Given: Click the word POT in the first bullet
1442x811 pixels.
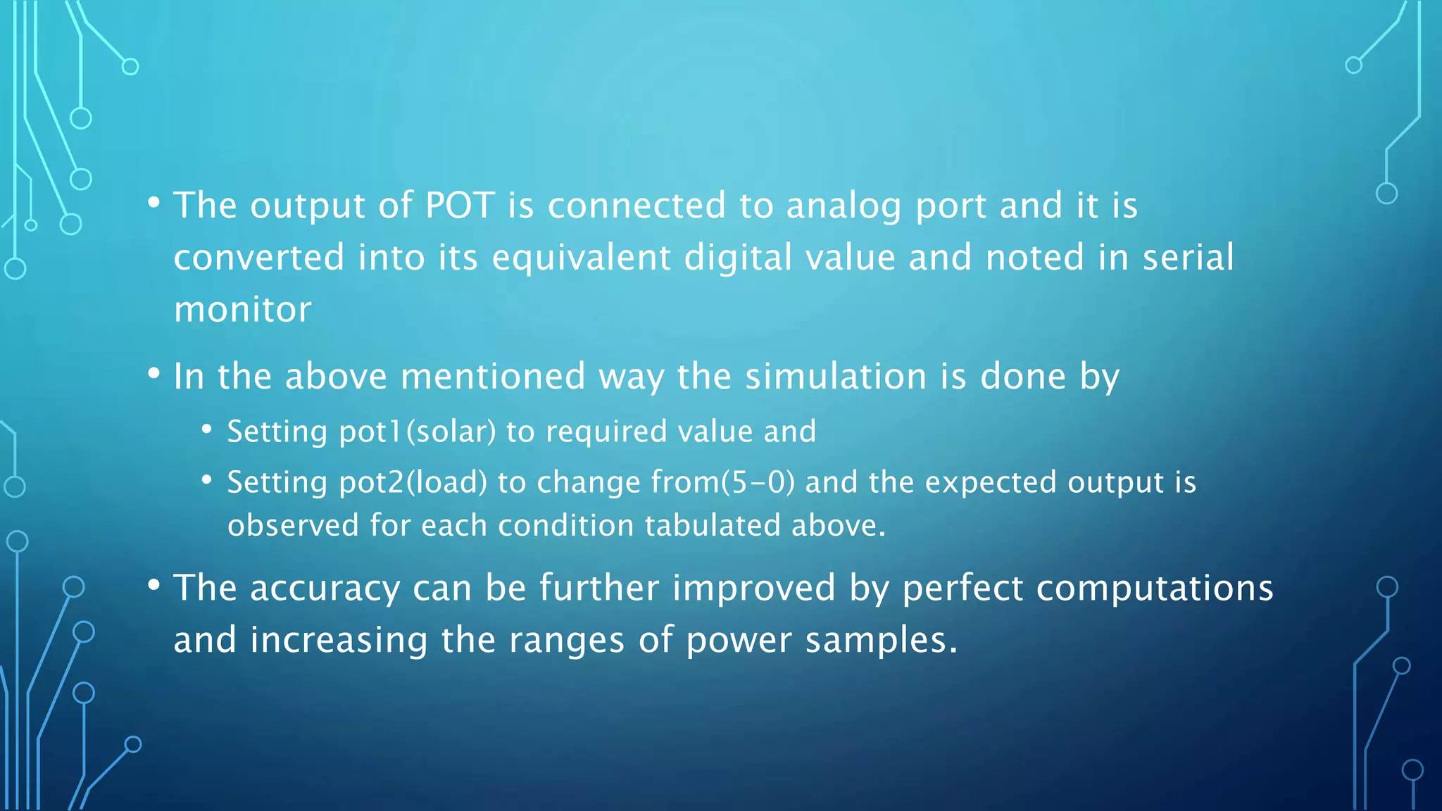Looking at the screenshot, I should pyautogui.click(x=460, y=206).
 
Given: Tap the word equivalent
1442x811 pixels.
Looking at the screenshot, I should pyautogui.click(x=581, y=258).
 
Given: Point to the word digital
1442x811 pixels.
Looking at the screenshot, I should pyautogui.click(x=738, y=258).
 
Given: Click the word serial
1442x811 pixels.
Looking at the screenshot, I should pyautogui.click(x=1188, y=257).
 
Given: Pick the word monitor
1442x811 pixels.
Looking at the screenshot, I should pyautogui.click(x=242, y=310).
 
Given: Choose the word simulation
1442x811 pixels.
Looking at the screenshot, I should pyautogui.click(x=836, y=376).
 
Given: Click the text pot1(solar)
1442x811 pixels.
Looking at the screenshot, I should pyautogui.click(x=418, y=432).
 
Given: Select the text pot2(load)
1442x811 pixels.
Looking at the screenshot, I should pyautogui.click(x=413, y=483).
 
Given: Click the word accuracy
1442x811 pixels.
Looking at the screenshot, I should pyautogui.click(x=325, y=589).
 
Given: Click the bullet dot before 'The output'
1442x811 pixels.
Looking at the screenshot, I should pyautogui.click(x=154, y=203).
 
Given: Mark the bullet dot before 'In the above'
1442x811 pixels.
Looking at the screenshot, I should pyautogui.click(x=154, y=374).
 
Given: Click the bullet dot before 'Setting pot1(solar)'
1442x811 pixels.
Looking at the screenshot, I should pyautogui.click(x=206, y=429).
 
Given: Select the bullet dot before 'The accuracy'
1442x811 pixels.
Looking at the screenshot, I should pyautogui.click(x=154, y=585).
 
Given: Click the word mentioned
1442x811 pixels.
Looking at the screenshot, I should pyautogui.click(x=492, y=376).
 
